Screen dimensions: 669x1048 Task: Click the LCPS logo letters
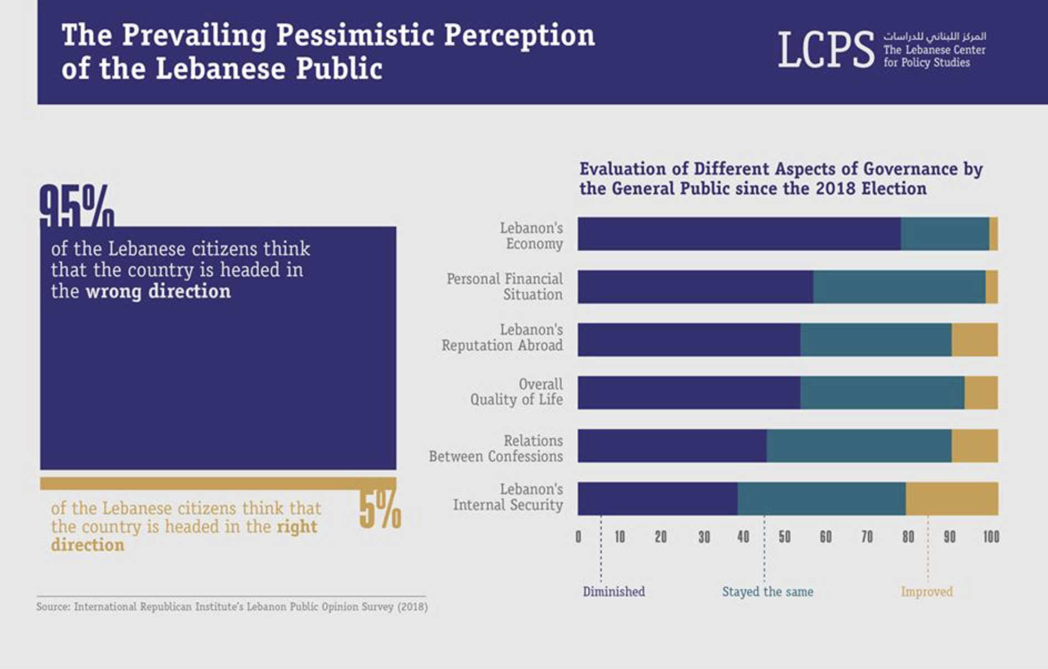(825, 50)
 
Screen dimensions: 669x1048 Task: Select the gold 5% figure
(380, 510)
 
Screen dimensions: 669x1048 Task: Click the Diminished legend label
(613, 592)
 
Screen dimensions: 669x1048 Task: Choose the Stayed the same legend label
(767, 592)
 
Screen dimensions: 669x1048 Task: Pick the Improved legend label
(926, 592)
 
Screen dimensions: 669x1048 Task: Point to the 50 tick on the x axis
(784, 537)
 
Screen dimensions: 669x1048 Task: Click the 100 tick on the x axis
(991, 537)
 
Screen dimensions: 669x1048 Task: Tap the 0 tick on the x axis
(578, 537)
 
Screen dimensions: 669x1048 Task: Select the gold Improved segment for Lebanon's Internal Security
(951, 499)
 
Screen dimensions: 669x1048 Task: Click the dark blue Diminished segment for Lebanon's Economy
(739, 234)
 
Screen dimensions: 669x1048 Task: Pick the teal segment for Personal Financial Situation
(899, 287)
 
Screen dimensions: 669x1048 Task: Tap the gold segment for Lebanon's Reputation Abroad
(974, 339)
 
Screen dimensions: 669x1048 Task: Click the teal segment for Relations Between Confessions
(859, 445)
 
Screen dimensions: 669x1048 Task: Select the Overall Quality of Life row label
(516, 392)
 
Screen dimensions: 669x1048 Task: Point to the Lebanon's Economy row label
(531, 236)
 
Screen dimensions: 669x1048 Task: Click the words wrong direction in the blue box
(158, 292)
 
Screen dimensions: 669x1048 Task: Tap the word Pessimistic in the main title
(355, 36)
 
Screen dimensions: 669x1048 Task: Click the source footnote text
(232, 607)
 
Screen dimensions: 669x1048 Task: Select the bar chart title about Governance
(780, 179)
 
